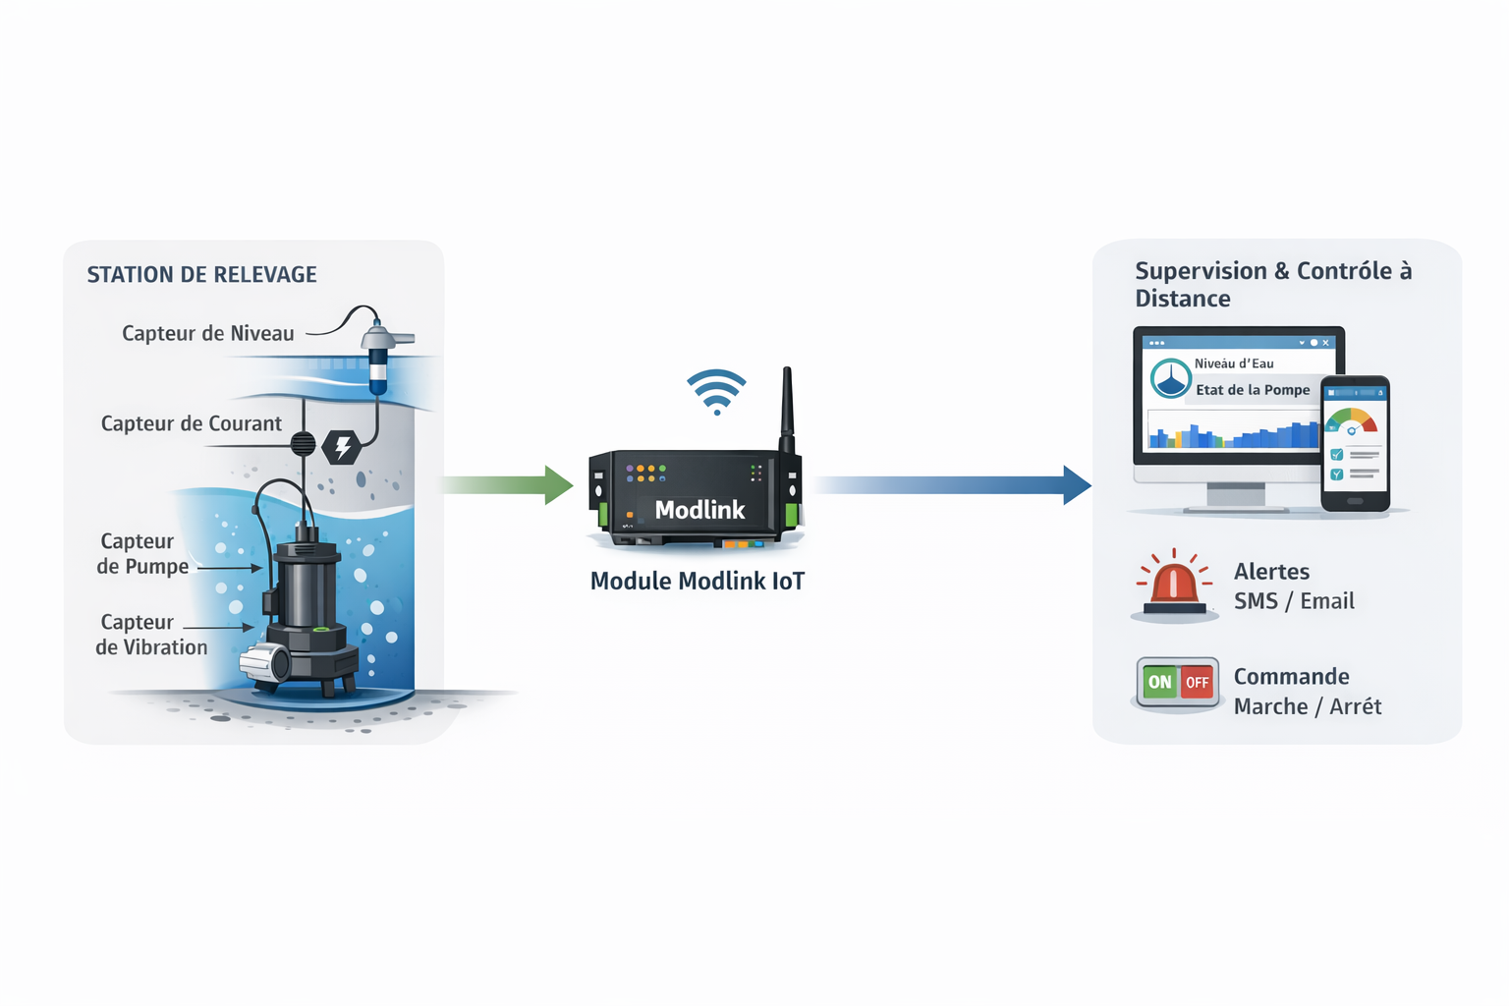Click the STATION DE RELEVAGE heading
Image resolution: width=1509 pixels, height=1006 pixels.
coord(201,275)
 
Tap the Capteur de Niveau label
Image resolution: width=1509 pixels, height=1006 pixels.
coord(207,334)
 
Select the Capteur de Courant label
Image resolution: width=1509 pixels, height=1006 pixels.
coord(191,424)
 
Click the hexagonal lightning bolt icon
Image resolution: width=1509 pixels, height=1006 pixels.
coord(342,447)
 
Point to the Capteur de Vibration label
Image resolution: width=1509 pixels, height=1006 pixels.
coord(151,635)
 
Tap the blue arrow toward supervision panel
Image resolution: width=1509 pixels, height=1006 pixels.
coord(953,484)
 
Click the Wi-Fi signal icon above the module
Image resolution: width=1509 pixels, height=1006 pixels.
coord(716,391)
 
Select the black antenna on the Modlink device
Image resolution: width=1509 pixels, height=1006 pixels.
coord(787,408)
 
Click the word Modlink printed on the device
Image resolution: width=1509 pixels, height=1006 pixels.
coord(699,510)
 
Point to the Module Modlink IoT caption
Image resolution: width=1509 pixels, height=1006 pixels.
coord(697,582)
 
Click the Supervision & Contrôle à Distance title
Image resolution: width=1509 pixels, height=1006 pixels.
coord(1272,284)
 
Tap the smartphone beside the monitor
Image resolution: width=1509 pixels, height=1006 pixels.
coord(1355,444)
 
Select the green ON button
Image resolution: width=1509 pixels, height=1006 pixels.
coord(1160,682)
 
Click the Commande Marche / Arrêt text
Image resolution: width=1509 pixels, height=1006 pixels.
coord(1307,692)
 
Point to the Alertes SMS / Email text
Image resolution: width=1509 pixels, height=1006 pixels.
coord(1294,587)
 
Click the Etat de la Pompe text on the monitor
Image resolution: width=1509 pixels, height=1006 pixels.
coord(1253,390)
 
